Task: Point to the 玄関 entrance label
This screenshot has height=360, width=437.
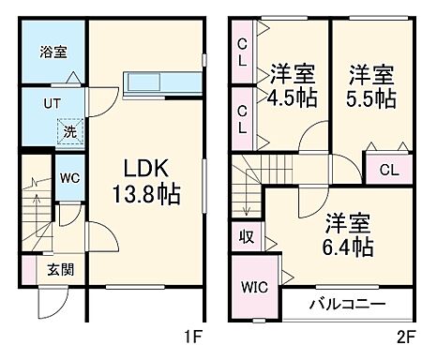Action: [x=62, y=270]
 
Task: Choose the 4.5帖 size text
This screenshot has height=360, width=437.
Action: [x=292, y=97]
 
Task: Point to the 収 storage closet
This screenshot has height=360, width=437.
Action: [x=247, y=237]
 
